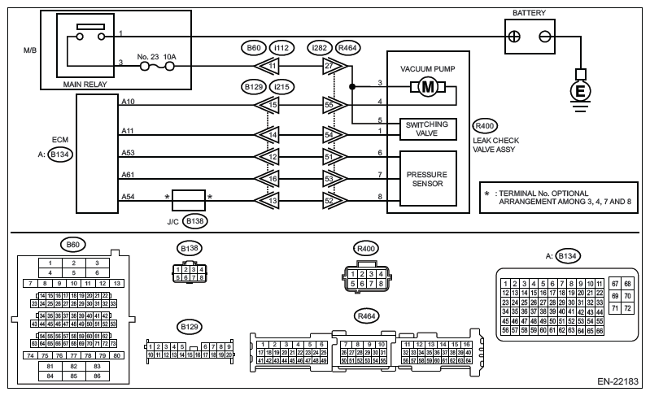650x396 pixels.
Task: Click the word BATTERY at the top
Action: pos(530,13)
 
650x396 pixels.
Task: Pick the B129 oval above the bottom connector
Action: pos(189,327)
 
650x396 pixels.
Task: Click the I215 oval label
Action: pos(280,85)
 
